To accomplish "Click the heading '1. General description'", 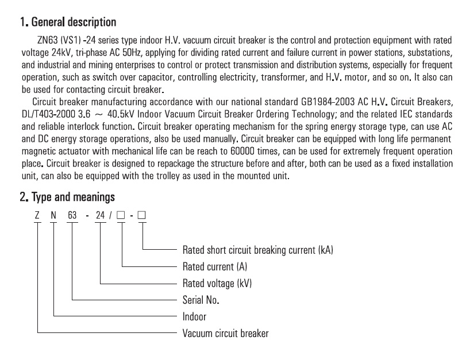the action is (68, 22).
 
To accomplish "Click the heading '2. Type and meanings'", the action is (67, 197).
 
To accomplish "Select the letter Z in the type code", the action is (37, 215).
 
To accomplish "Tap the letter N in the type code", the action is (53, 215).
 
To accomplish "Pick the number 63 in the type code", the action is (72, 215).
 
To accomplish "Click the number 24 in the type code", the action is (100, 215).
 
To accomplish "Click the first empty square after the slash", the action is (121, 215).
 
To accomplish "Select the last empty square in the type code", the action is (142, 215).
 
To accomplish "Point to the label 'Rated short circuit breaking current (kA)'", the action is (257, 250).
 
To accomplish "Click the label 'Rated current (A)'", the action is (215, 267).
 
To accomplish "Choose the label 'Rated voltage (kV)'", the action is (217, 284).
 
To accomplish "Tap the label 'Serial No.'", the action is (201, 300).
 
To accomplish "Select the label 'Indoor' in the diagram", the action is (194, 316).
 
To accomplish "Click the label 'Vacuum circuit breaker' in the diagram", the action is (226, 333).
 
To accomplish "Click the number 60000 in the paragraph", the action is (242, 151).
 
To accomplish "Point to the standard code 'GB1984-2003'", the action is (328, 102).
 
